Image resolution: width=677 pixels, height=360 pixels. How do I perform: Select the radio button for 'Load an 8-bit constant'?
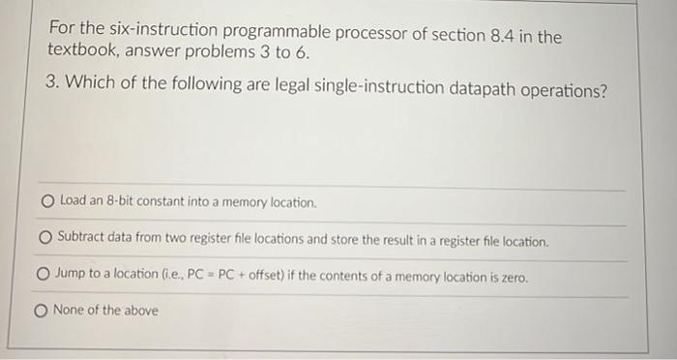47,202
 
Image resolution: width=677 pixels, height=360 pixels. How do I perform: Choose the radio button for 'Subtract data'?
45,238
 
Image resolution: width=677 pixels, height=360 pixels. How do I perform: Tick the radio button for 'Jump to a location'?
44,276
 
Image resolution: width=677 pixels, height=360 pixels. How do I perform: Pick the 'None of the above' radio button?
42,311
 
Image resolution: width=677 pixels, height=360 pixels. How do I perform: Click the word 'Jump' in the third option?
73,276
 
